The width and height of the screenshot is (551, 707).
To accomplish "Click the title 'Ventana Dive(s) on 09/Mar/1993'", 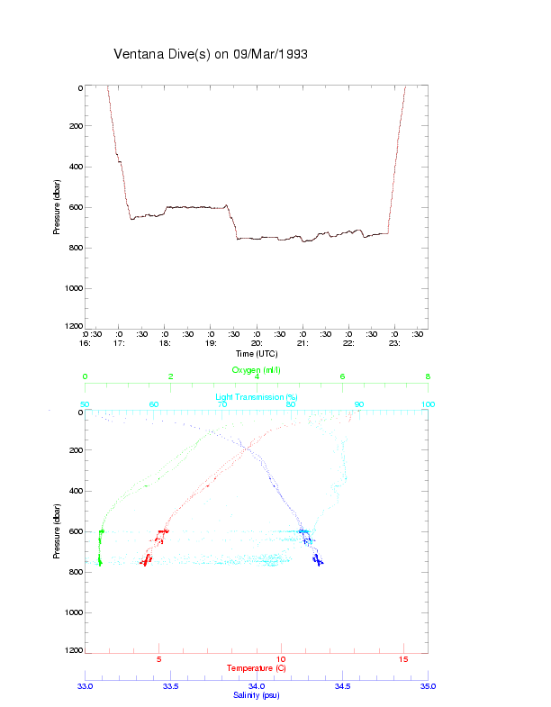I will (x=211, y=54).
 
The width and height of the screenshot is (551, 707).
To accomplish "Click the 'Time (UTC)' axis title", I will (x=257, y=354).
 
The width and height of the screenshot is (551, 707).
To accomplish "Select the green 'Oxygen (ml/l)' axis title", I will (x=257, y=370).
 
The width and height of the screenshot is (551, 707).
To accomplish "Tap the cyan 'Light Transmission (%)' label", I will (x=257, y=396).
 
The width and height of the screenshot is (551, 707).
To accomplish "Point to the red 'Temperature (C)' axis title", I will (x=257, y=668).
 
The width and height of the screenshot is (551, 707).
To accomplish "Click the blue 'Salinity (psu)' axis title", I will (x=257, y=695).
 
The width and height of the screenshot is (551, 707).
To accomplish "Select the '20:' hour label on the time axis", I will (x=257, y=343).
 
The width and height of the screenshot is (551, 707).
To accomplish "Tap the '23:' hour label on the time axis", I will (x=394, y=343).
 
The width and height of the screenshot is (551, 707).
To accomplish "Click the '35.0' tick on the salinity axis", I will (x=428, y=686).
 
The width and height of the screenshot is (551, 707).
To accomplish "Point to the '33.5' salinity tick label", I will (x=170, y=686).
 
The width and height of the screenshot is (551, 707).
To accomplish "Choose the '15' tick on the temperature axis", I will (x=403, y=660).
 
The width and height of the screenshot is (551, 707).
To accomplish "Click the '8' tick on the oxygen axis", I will (x=428, y=377).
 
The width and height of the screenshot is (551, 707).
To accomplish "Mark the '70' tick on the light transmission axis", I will (x=222, y=405).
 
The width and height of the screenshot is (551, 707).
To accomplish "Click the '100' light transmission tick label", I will (x=428, y=405).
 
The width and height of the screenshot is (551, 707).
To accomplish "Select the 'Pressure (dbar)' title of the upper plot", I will (x=57, y=206).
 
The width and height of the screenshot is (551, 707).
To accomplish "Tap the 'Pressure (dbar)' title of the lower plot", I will (x=57, y=530).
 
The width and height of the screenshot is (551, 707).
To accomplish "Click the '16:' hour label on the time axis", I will (x=86, y=343).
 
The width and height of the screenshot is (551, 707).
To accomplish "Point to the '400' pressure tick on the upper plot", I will (x=75, y=167).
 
